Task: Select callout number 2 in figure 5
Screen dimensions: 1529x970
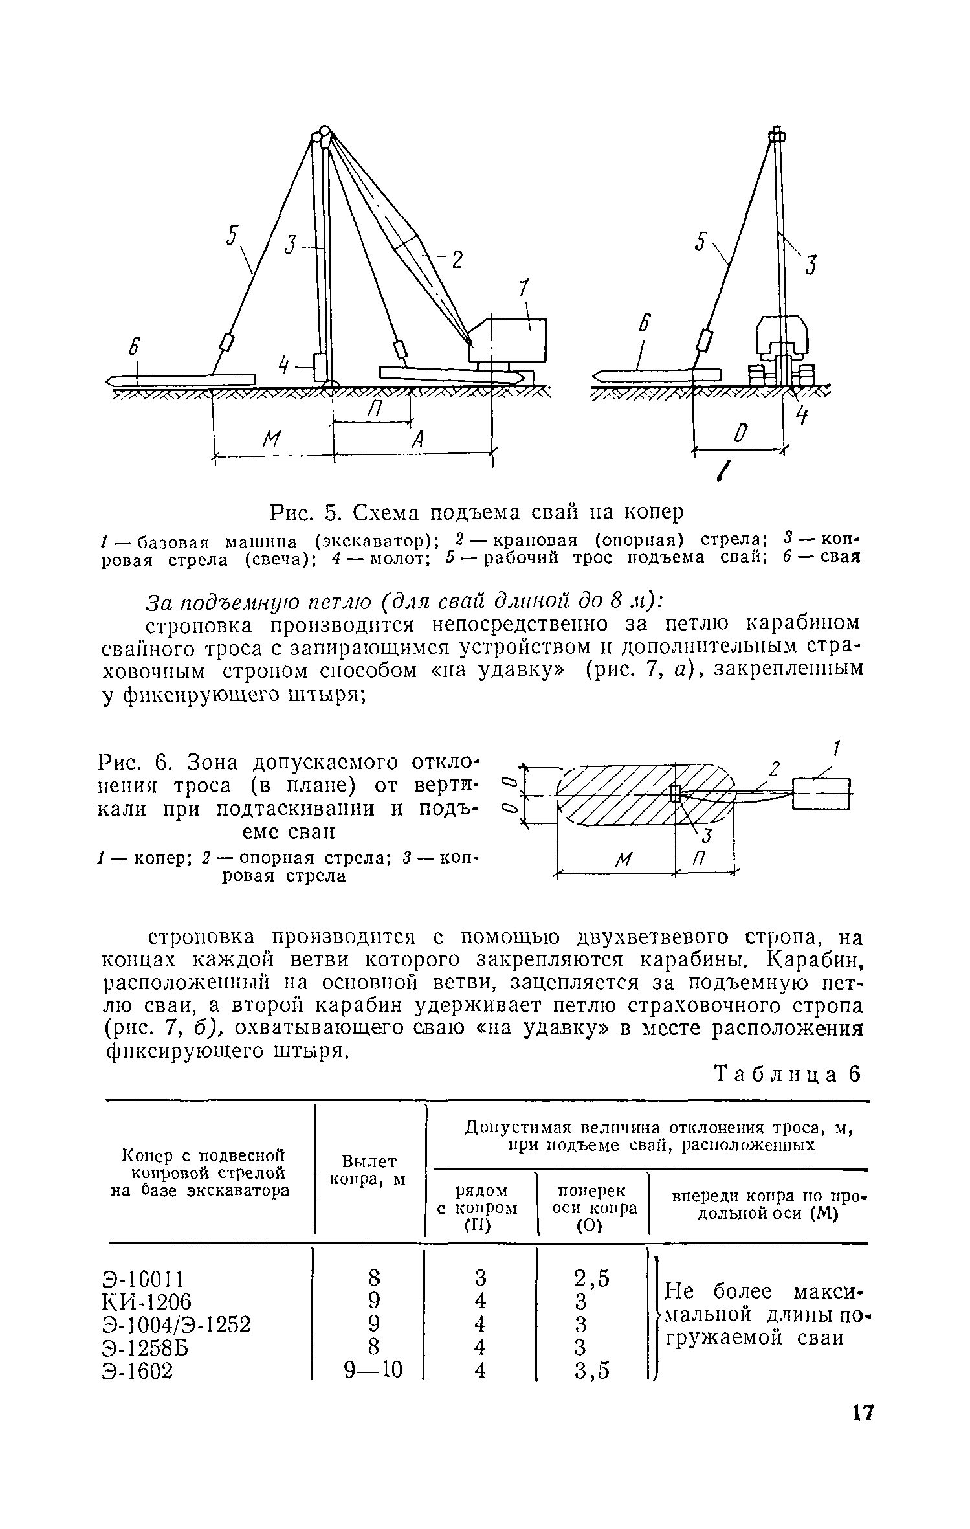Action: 457,260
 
